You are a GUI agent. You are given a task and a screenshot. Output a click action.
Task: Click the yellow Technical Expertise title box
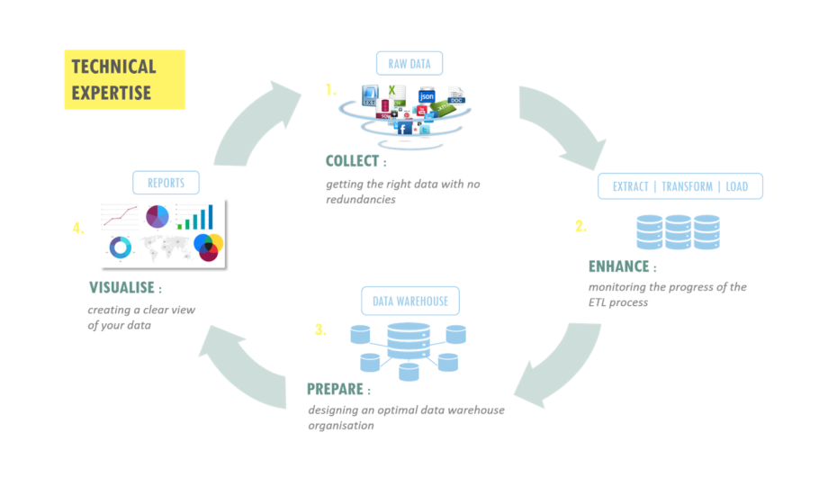124,79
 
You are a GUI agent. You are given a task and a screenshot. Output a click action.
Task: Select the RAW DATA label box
409,63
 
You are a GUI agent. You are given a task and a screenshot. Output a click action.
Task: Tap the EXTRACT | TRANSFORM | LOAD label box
680,186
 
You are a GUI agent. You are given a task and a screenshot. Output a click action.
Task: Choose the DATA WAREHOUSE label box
410,301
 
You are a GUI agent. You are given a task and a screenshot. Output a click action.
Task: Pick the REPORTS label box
166,183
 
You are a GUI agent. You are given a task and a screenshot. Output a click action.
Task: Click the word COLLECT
352,162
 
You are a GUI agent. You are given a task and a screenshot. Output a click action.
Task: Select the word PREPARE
335,390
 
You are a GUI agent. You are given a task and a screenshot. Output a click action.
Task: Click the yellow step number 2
580,226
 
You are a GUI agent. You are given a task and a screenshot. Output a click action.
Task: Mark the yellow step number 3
319,330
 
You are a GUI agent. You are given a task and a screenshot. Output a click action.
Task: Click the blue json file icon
427,96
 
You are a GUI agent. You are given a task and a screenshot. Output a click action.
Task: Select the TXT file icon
369,96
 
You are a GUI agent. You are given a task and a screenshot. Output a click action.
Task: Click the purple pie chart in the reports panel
157,217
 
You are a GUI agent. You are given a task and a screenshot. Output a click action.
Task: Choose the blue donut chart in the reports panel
120,246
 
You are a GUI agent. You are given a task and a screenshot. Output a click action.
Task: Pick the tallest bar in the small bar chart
210,216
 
